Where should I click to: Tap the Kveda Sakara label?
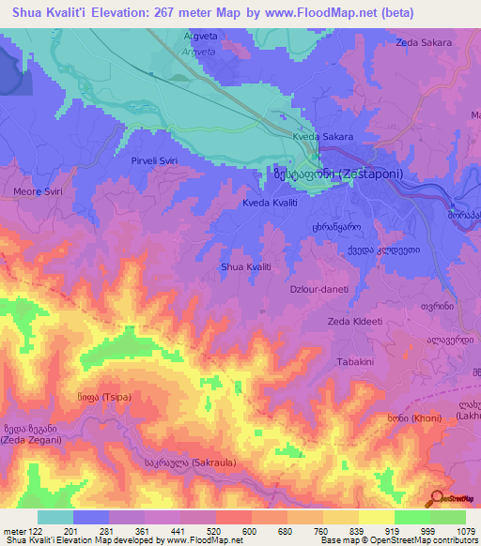[322, 137]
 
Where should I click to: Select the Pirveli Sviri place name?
[153, 161]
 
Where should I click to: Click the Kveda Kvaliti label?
[270, 203]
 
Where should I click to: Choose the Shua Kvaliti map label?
[245, 267]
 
